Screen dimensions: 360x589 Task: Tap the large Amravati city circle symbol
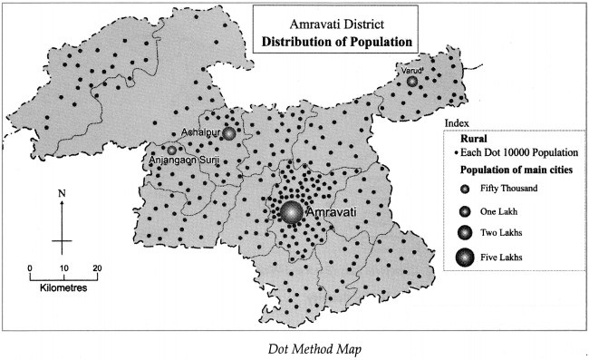coord(292,212)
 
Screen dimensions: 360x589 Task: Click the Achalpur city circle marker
coord(229,133)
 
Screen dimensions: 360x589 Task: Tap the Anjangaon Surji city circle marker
coord(170,150)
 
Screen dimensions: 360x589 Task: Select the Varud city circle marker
coord(412,82)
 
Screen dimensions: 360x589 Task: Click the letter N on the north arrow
coord(61,193)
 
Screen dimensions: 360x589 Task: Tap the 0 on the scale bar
coord(29,268)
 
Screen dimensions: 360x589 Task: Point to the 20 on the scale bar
coord(96,268)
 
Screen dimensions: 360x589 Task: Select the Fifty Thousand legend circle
coord(465,189)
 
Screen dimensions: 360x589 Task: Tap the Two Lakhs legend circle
coord(465,233)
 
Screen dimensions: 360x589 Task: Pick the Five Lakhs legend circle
coord(465,258)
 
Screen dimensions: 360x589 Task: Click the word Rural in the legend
coord(475,140)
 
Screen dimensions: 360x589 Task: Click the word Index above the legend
coord(458,122)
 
